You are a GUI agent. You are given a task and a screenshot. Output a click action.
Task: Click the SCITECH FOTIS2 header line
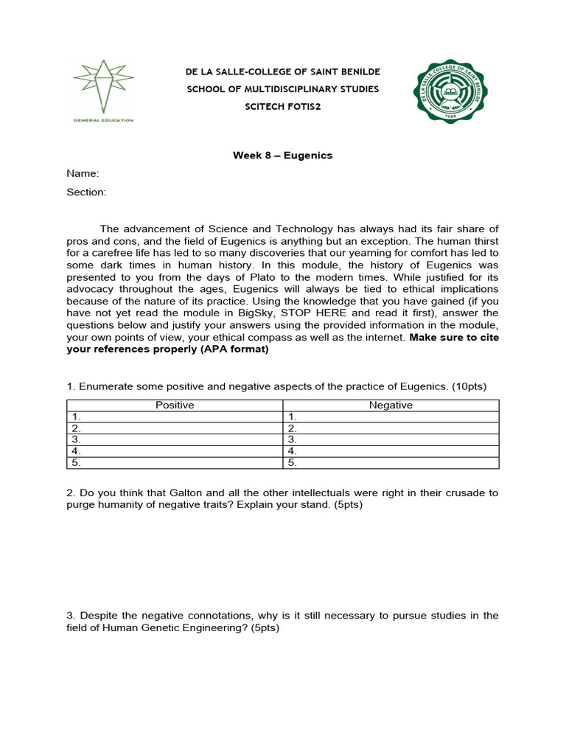pyautogui.click(x=283, y=107)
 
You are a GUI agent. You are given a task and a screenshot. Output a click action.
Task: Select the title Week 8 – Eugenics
pyautogui.click(x=283, y=156)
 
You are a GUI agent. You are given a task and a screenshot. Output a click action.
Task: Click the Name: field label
pyautogui.click(x=83, y=174)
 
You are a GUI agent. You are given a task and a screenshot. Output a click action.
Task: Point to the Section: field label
pyautogui.click(x=86, y=192)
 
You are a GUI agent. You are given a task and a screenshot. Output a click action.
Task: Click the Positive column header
pyautogui.click(x=175, y=406)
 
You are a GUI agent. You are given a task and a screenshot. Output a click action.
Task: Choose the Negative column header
pyautogui.click(x=391, y=406)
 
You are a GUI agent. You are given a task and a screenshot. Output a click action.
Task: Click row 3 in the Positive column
pyautogui.click(x=175, y=439)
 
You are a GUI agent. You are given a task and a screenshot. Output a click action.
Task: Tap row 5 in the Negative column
pyautogui.click(x=391, y=463)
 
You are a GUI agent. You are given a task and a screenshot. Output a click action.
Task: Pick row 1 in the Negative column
pyautogui.click(x=391, y=417)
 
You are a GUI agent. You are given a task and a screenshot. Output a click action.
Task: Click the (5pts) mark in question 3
pyautogui.click(x=263, y=628)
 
